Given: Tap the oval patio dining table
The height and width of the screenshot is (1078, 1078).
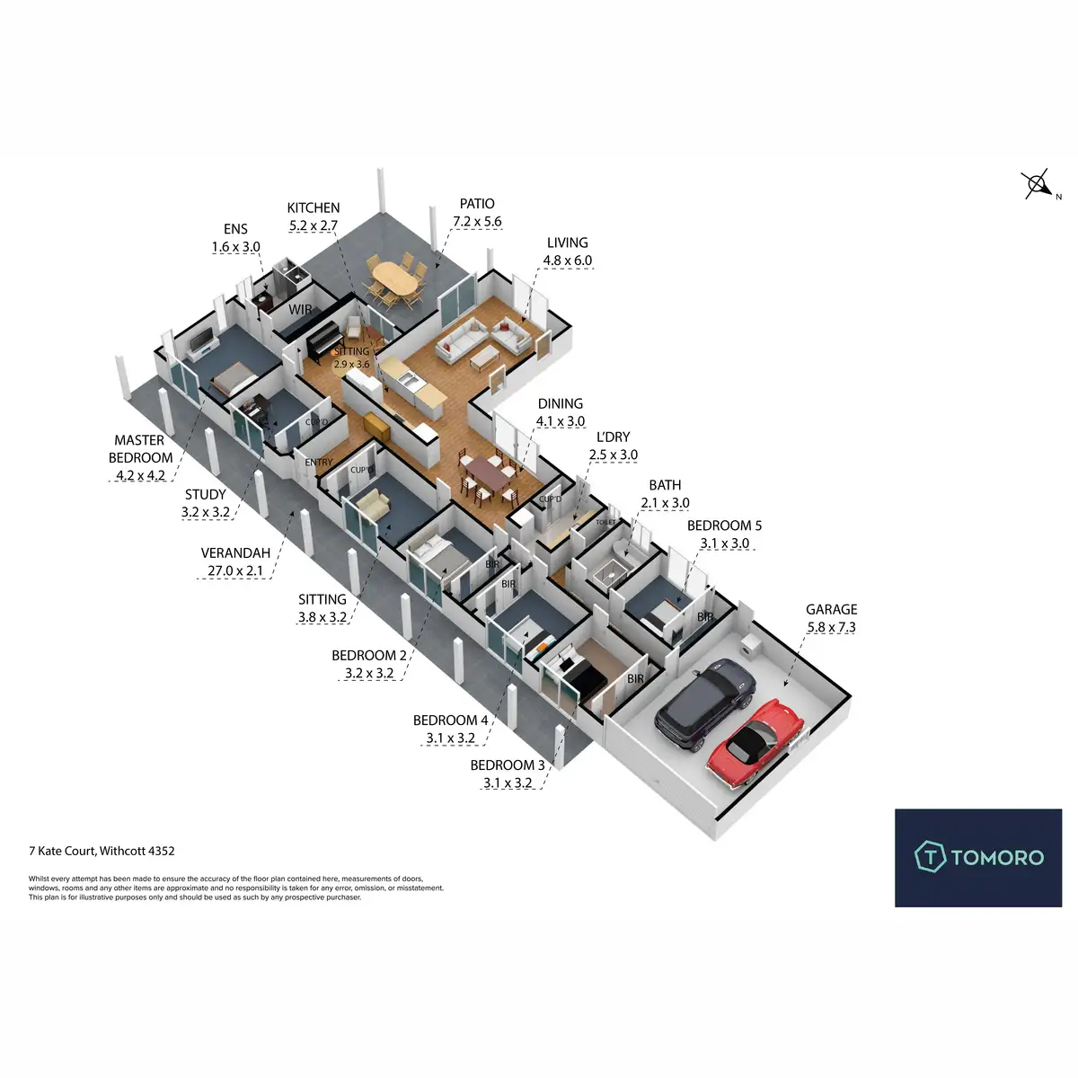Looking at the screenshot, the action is [x=395, y=281].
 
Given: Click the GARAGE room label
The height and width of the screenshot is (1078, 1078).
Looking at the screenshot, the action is [x=831, y=609].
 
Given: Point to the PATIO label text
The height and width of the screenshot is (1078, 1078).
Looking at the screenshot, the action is [x=477, y=204].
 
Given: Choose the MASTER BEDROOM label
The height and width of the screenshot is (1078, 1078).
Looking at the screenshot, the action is [x=139, y=448].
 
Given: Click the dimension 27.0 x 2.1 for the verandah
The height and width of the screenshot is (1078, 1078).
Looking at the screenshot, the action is [x=232, y=570].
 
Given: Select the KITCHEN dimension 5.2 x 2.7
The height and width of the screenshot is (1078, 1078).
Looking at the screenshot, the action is [x=314, y=225].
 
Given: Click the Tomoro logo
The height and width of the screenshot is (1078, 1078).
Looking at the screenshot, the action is [x=978, y=857].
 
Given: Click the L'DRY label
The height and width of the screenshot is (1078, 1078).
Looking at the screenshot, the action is [x=613, y=437].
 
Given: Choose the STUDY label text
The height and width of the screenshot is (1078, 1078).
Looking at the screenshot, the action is [x=206, y=494].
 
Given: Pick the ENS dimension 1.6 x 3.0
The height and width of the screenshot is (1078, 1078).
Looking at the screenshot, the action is [x=236, y=247].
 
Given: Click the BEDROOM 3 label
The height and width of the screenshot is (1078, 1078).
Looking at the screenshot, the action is [x=508, y=765].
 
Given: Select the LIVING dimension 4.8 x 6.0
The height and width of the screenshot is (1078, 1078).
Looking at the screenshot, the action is [x=567, y=261].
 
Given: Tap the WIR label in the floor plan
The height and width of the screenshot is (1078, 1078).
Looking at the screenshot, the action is [x=301, y=310].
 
